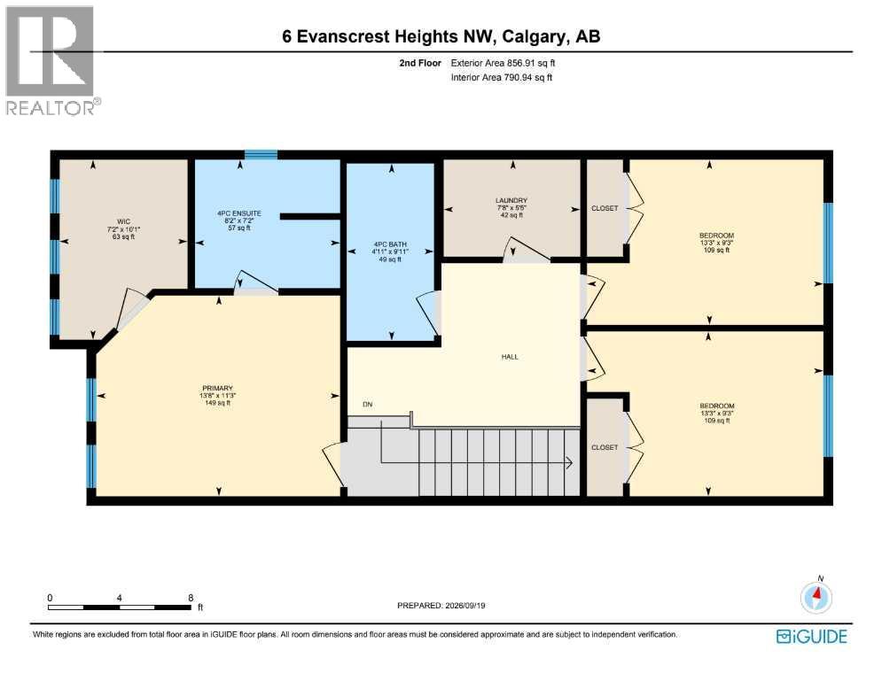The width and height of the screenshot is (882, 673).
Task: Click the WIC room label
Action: coord(123,221)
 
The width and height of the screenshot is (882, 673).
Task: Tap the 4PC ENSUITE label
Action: coord(239,213)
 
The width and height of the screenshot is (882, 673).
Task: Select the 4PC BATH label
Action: coord(390,244)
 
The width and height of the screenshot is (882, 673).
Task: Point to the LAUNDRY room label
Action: coord(511,200)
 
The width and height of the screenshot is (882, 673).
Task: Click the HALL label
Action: coord(510,357)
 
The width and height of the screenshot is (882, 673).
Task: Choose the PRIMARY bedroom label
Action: coord(218,388)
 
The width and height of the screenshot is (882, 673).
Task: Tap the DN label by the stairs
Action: coord(367,405)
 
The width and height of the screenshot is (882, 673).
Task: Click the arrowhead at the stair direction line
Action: coord(569,463)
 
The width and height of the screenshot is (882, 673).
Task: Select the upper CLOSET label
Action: coord(605,208)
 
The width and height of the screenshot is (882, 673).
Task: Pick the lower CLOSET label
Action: coord(605,448)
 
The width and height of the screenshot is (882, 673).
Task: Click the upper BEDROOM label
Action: coord(716,236)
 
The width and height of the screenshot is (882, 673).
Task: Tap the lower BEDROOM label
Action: coord(717,406)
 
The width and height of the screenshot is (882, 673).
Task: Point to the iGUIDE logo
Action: coord(812,637)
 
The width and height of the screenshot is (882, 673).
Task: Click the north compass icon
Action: coord(816,596)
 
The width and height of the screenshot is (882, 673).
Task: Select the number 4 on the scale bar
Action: coord(120,598)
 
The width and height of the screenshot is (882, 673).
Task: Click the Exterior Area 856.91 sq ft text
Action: coord(503,64)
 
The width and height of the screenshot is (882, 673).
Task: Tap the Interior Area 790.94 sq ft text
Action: coord(501,78)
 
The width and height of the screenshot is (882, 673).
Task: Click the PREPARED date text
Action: coord(441,606)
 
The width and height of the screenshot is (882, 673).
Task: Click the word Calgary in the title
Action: coord(534,37)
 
